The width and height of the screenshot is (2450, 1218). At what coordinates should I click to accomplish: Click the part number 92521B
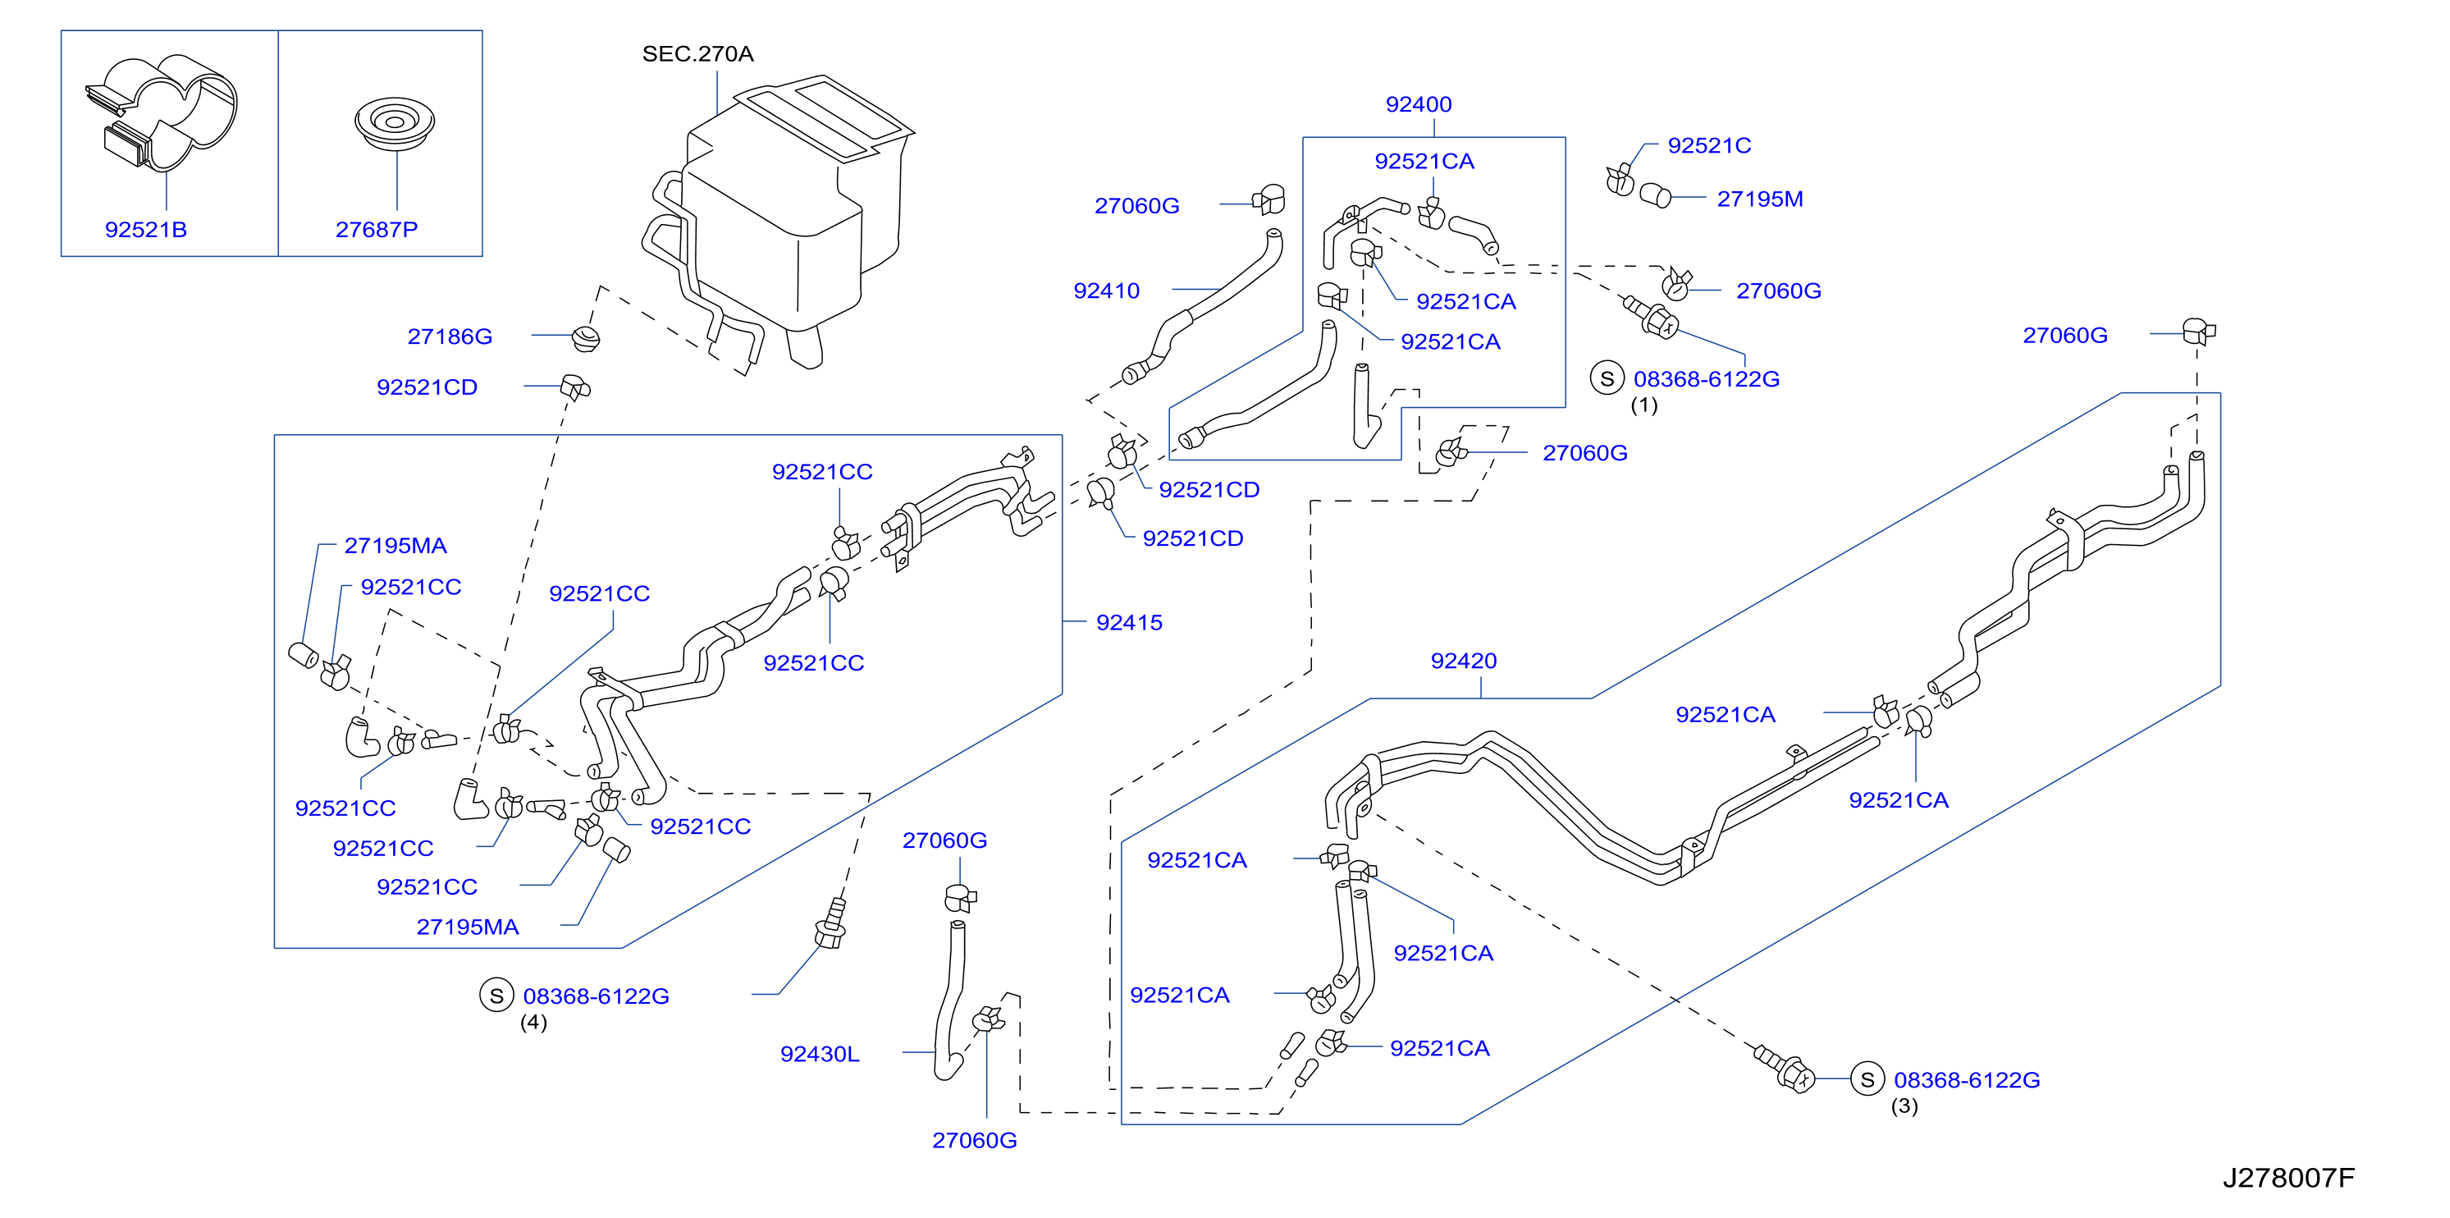pos(145,229)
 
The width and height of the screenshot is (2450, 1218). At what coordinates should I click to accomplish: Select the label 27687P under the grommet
pos(377,229)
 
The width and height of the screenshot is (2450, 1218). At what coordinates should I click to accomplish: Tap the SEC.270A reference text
pos(698,53)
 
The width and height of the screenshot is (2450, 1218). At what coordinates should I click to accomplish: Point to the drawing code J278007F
pos(2288,1178)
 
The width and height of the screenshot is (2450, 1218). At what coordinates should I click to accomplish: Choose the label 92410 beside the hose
pos(1106,291)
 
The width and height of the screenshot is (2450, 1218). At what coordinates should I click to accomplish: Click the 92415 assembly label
pos(1129,622)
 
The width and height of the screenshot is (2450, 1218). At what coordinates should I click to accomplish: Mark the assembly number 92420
pos(1464,661)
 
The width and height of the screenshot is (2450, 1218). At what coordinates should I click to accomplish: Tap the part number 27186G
pos(450,336)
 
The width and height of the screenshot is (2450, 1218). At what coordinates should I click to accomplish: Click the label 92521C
pos(1709,145)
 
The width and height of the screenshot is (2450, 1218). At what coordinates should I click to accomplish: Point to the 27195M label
pos(1759,199)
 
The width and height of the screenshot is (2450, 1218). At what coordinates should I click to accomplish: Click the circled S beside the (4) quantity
pos(496,996)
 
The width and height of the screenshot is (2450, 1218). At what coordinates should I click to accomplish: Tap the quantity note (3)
pos(1904,1106)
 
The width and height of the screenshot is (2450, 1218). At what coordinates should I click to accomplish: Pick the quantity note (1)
pos(1644,405)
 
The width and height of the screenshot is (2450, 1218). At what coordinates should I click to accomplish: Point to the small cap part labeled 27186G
pos(586,338)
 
